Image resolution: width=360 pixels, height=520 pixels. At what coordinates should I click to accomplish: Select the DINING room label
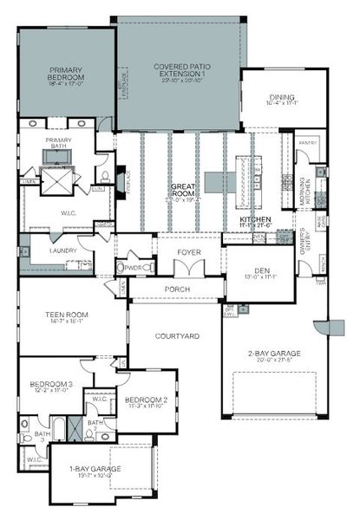coord(282,98)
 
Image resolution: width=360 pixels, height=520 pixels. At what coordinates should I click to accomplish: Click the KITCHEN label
coord(256,220)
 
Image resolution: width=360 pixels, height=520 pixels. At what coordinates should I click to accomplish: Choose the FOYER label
coord(189,254)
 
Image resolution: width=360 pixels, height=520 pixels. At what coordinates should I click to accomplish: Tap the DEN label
coord(259,270)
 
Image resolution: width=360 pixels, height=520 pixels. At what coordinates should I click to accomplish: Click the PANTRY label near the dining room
coord(308,141)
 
